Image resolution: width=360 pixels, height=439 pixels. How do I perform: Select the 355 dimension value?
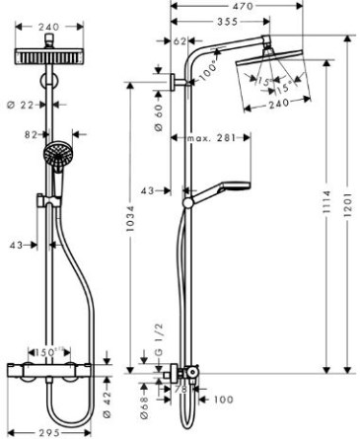point(227,22)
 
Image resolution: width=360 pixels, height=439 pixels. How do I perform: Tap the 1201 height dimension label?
point(347,204)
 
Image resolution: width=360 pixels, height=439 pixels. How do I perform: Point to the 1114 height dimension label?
point(326,202)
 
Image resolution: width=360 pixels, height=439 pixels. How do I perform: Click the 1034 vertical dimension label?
point(130,218)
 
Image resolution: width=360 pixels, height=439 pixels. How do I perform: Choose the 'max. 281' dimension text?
point(211,137)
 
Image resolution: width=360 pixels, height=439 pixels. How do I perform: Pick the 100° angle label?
point(208,70)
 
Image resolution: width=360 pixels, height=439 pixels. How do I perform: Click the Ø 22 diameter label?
point(21,105)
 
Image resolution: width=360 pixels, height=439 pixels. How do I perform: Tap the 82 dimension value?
point(32,134)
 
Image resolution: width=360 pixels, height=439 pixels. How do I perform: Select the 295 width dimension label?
point(49,433)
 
